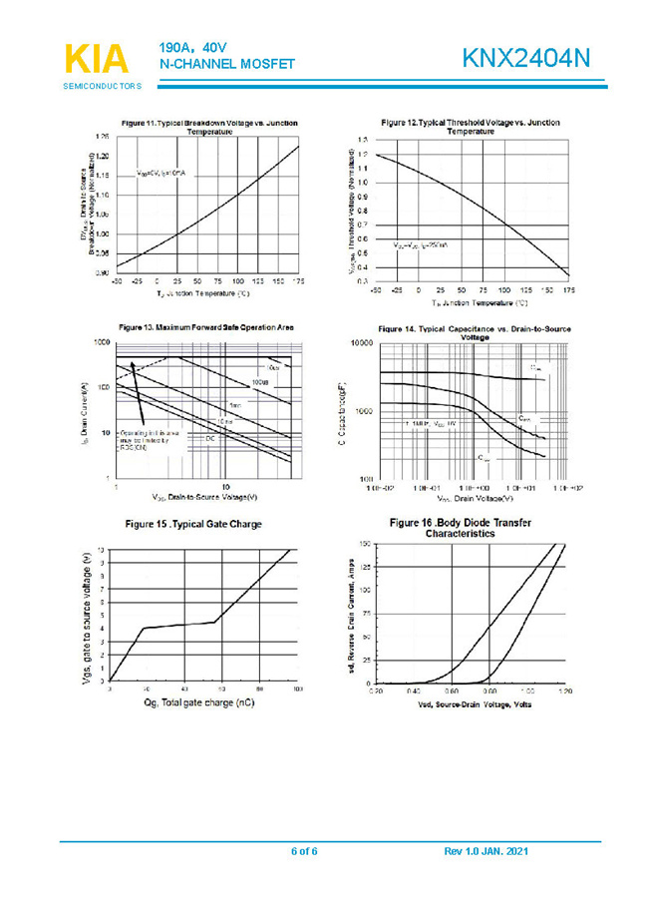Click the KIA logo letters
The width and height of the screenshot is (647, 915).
(x=97, y=60)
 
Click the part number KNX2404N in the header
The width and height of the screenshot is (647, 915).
(x=526, y=60)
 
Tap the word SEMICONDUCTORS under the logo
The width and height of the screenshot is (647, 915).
(x=103, y=88)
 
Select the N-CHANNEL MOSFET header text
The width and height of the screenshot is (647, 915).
(x=226, y=64)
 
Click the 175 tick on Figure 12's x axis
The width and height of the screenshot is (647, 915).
(x=567, y=290)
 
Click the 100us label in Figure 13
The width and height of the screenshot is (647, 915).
(x=259, y=382)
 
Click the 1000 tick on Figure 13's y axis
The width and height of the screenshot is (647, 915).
(x=101, y=342)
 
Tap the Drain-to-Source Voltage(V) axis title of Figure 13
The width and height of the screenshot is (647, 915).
(x=205, y=496)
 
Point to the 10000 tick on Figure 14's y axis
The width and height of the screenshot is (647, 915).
(x=359, y=342)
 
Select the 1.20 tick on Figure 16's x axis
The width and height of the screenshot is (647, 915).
(x=565, y=690)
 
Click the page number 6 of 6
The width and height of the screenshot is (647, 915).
(x=303, y=851)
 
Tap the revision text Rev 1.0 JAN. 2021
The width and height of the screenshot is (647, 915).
(x=485, y=851)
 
